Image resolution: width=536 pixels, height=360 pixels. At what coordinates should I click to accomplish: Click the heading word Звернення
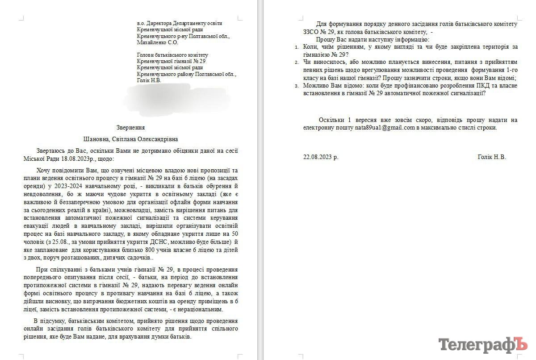tap(130, 127)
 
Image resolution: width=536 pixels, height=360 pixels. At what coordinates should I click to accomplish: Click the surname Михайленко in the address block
tap(153, 42)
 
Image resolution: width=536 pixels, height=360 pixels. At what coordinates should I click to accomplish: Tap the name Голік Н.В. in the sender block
tap(149, 80)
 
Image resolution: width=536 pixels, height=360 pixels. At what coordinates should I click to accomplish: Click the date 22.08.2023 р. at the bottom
tap(321, 157)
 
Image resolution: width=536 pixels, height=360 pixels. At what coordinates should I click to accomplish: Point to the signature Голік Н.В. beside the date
tap(491, 157)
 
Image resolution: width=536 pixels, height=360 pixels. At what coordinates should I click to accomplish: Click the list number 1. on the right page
tap(298, 47)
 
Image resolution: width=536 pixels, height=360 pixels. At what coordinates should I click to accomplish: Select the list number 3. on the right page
tap(298, 86)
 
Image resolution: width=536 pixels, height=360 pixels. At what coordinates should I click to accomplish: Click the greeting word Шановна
tap(97, 139)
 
